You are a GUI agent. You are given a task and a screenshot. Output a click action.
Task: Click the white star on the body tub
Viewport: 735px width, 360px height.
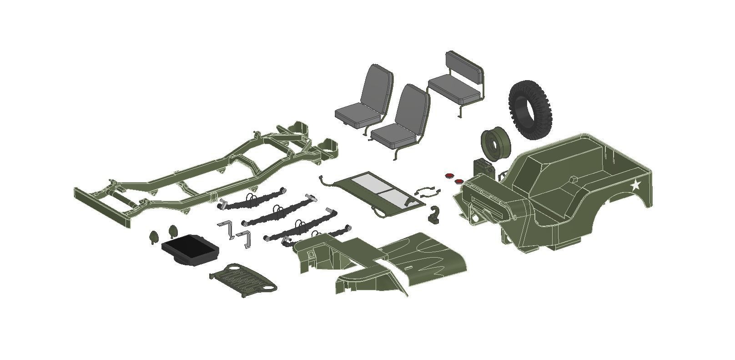tap(635, 185)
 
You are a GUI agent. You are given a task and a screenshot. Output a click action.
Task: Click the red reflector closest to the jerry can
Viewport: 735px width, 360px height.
tap(459, 182)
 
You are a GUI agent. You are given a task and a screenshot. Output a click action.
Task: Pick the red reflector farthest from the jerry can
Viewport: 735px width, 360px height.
tap(449, 175)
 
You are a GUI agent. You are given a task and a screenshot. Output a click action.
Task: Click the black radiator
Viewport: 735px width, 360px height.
tap(190, 248)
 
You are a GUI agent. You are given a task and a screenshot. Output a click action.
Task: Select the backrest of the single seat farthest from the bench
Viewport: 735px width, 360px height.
tap(376, 86)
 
